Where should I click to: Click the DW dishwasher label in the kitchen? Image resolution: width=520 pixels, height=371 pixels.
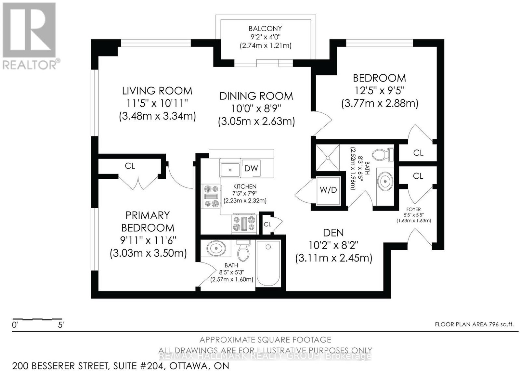tap(251, 168)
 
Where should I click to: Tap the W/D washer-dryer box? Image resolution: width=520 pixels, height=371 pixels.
tap(328, 190)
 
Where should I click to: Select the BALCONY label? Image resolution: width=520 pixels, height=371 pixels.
tap(265, 29)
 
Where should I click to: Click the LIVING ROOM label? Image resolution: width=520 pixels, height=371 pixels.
tap(157, 91)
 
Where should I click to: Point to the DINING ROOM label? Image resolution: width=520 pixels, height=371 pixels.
tap(256, 96)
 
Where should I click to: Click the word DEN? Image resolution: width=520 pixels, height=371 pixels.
tap(333, 233)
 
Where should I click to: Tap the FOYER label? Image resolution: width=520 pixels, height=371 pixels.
tap(413, 210)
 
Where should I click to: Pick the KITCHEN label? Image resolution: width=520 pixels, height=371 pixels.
tap(245, 186)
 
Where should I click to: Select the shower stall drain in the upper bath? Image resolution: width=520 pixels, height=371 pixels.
tap(327, 158)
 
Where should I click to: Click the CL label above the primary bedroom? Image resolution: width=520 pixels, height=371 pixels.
tap(130, 166)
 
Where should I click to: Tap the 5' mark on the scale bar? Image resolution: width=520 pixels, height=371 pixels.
tap(61, 325)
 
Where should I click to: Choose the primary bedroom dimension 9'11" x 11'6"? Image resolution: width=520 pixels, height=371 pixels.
tap(148, 240)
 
